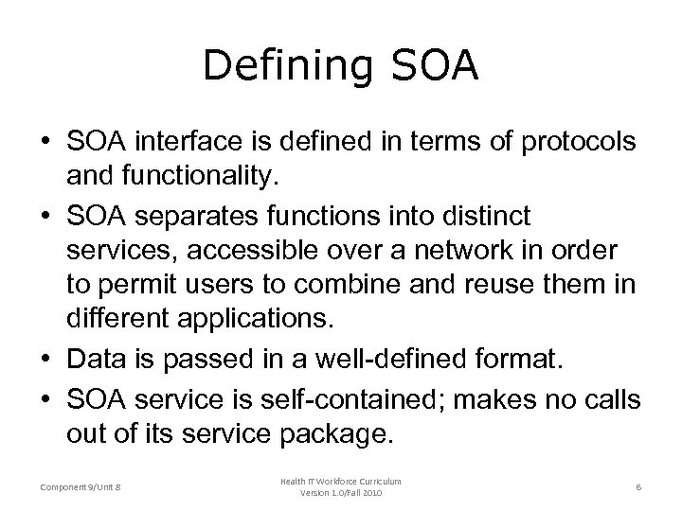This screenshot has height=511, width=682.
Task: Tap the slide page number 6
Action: pyautogui.click(x=640, y=486)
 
